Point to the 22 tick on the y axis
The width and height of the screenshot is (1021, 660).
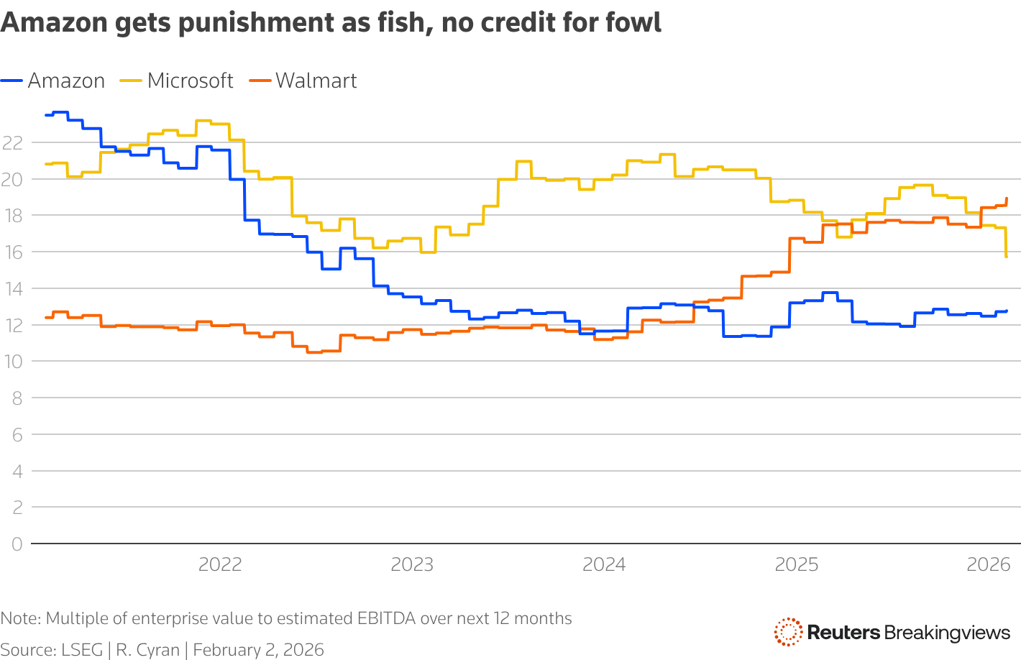tap(12, 142)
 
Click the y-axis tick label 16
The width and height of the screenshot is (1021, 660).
tap(12, 252)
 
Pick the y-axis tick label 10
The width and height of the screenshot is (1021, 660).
tap(12, 362)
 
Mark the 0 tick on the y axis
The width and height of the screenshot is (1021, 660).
tap(17, 544)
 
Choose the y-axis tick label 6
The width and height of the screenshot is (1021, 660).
tap(17, 435)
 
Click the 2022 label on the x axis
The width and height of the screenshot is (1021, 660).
tap(220, 565)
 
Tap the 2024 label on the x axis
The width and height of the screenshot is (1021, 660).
tap(604, 565)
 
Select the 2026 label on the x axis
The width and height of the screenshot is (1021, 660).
tap(989, 565)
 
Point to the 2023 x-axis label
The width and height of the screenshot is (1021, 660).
tap(412, 565)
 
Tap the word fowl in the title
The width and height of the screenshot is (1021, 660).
tap(634, 23)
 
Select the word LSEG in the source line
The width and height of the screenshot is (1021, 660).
tap(81, 650)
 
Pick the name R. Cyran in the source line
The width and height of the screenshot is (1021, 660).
tap(147, 650)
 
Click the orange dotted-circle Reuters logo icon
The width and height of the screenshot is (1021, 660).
tap(788, 632)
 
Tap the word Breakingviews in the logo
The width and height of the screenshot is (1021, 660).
tap(947, 633)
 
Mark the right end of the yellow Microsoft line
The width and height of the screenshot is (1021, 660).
tap(1006, 256)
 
